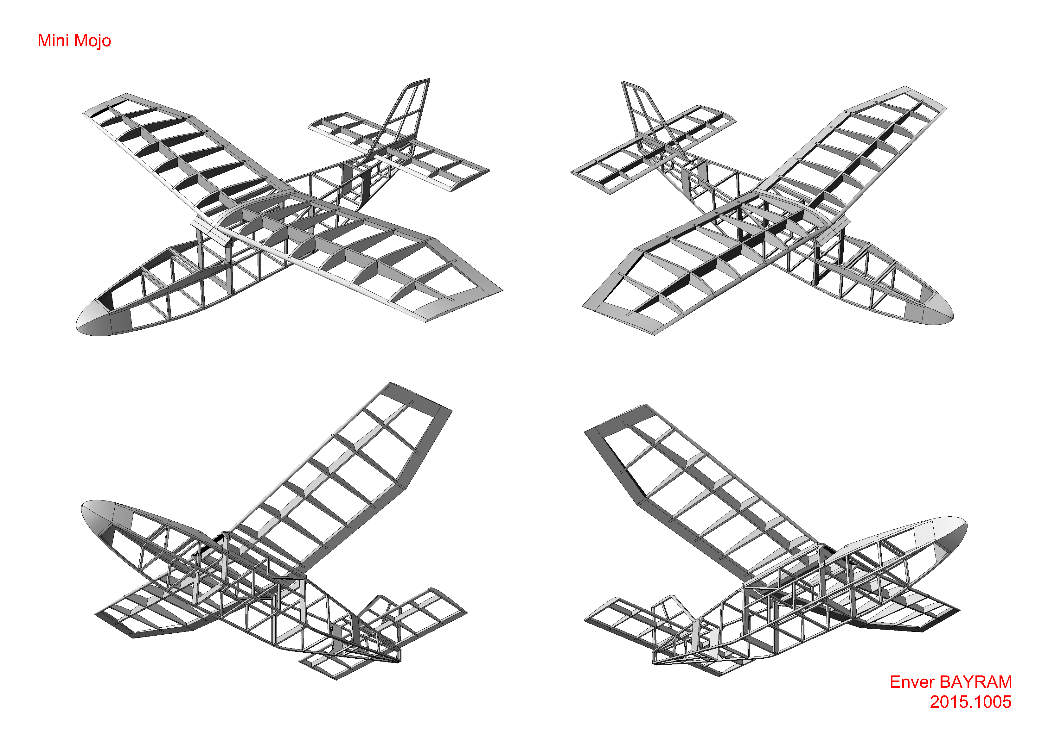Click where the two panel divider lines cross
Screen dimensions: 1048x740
[524, 370]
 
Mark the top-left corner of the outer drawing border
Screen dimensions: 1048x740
[25, 25]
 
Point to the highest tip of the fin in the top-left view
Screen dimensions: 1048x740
[429, 79]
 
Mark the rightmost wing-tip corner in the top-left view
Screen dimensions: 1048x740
[502, 289]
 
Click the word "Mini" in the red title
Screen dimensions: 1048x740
[53, 40]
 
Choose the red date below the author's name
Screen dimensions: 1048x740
[971, 702]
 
